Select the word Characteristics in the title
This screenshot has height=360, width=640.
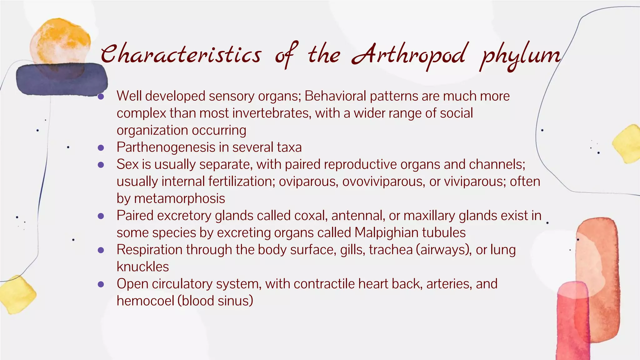click(181, 54)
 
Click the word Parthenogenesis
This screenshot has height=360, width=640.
click(166, 147)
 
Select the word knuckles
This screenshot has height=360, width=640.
click(142, 267)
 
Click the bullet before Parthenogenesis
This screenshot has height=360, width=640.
click(101, 147)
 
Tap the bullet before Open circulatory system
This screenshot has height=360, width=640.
click(101, 284)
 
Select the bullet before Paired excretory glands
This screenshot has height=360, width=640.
click(101, 216)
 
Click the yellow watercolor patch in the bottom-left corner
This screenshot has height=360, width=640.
click(17, 294)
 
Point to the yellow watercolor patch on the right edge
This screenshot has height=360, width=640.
click(627, 144)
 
